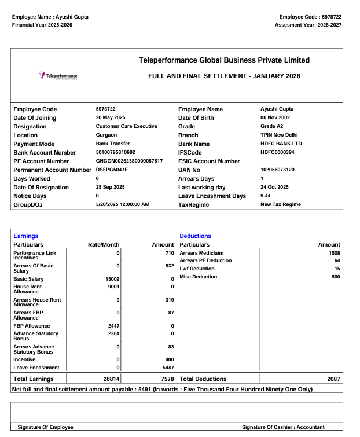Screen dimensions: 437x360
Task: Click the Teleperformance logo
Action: [58, 76]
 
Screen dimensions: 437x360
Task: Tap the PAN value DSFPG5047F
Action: [112, 170]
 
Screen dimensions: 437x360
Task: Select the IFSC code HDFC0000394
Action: [277, 153]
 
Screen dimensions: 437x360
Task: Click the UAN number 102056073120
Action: [277, 170]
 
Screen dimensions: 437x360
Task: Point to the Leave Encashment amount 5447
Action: [167, 368]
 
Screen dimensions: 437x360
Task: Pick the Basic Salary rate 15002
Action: [111, 279]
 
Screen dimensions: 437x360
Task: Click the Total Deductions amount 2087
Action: [333, 379]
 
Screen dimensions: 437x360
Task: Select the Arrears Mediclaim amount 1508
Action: [334, 253]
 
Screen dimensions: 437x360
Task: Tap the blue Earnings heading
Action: [25, 236]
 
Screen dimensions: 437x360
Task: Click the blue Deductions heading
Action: [196, 236]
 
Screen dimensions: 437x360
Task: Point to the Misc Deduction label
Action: [199, 277]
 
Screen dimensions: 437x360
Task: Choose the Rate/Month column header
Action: [103, 245]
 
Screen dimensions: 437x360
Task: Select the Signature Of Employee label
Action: [46, 427]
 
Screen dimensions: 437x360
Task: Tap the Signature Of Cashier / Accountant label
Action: [283, 427]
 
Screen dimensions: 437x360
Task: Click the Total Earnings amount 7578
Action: [167, 379]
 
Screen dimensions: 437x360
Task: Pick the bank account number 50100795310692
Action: [115, 153]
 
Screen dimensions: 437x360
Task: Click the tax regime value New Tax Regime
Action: [281, 205]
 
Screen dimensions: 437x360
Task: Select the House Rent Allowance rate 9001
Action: [113, 287]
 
